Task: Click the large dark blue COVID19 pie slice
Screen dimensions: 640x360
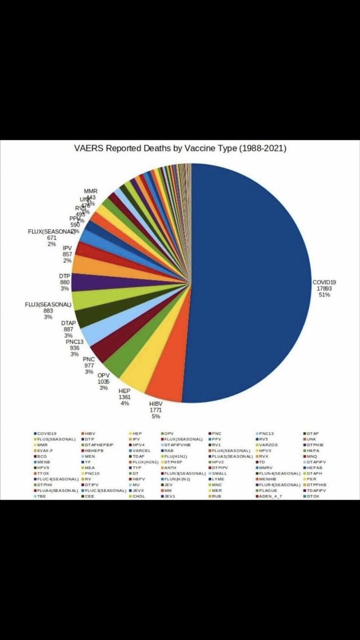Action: (251, 277)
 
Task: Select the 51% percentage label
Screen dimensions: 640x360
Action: (324, 294)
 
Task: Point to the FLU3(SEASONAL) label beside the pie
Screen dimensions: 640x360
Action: (48, 305)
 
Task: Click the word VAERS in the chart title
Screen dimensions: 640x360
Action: (89, 149)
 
